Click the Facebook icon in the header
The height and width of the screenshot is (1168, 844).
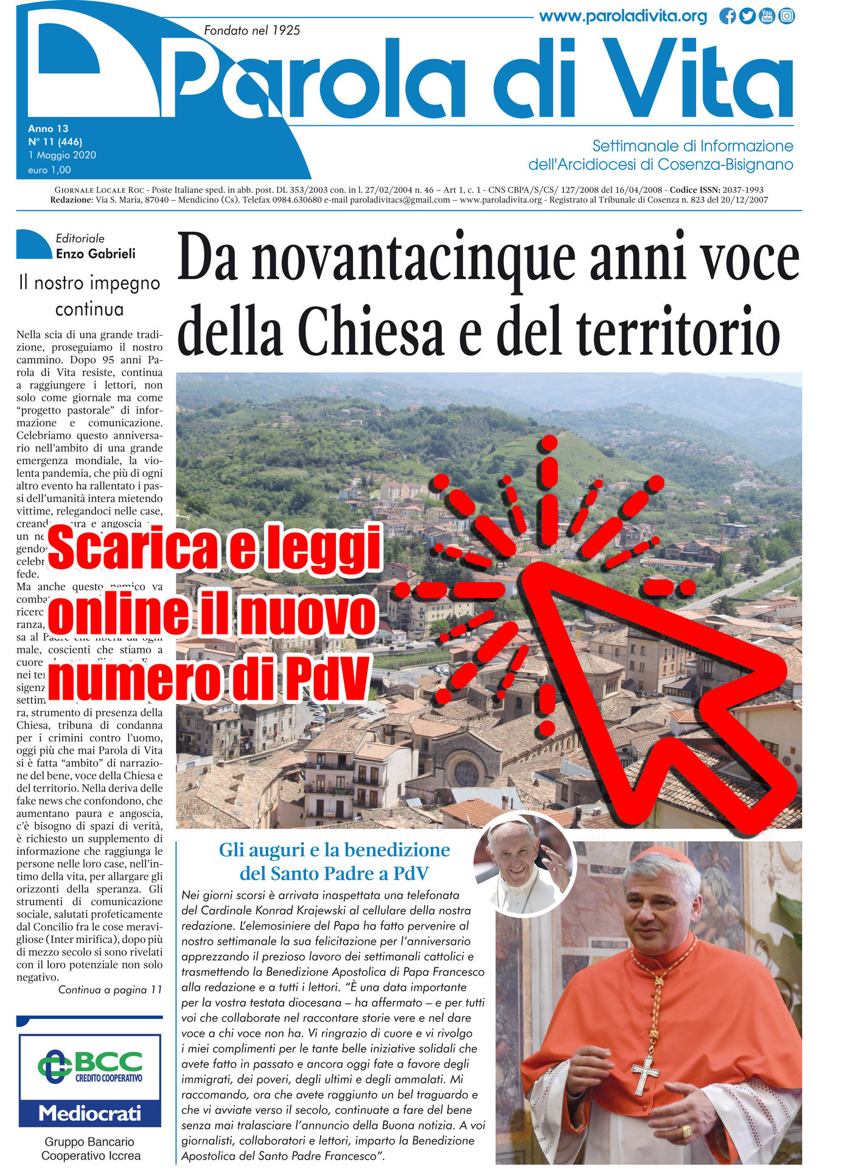click(x=727, y=16)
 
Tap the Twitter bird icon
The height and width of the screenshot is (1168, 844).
click(x=747, y=16)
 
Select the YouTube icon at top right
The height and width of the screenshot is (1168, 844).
click(x=767, y=16)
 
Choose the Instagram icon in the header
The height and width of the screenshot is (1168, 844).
click(x=787, y=16)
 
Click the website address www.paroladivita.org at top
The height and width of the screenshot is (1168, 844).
click(x=623, y=16)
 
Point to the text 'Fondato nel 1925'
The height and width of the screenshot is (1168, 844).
click(x=252, y=30)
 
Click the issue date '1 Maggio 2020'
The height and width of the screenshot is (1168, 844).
click(x=62, y=155)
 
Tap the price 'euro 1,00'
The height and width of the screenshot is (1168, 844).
click(x=49, y=170)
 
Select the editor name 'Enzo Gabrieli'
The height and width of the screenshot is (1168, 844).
click(x=96, y=254)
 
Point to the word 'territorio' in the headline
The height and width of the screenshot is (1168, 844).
click(x=678, y=333)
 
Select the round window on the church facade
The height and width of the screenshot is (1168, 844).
click(x=467, y=773)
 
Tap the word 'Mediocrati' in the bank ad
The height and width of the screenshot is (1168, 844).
click(x=90, y=1113)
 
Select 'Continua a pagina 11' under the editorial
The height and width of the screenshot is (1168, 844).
click(x=110, y=990)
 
